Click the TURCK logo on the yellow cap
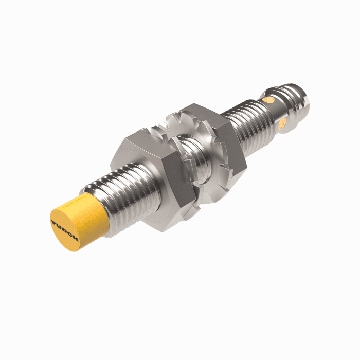[x=65, y=230]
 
